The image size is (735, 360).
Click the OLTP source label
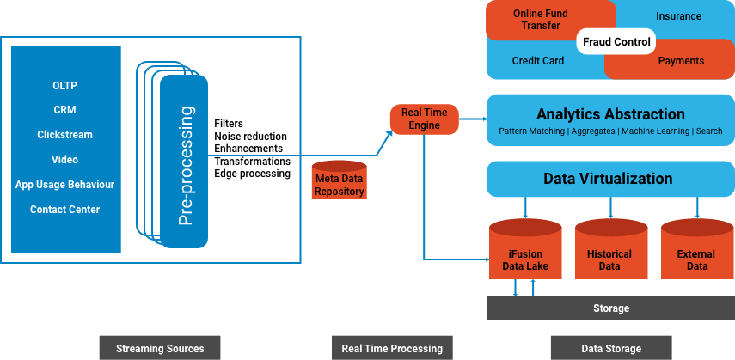pos(65,85)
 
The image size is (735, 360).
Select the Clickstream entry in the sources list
pos(65,135)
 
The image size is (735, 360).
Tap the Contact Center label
pos(65,210)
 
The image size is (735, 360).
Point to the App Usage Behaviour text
pos(65,185)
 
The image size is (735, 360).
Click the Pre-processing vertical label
pos(184,166)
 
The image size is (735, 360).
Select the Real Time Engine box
pos(425,119)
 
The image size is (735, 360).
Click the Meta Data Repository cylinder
pos(339,181)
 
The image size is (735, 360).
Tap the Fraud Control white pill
pos(616,42)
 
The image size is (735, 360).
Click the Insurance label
pos(678,16)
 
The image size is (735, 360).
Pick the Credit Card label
pos(537,61)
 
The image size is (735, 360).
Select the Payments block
pos(681,61)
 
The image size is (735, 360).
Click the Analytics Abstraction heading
pos(610,114)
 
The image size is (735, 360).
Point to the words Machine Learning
pos(655,131)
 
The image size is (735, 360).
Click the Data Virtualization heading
pos(608,179)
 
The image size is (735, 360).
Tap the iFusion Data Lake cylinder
pos(524,253)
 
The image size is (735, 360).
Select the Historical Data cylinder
pos(609,253)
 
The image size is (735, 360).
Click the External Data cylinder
pos(695,253)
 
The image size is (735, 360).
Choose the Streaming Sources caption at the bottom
pos(160,348)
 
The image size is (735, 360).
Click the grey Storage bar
pos(610,308)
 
